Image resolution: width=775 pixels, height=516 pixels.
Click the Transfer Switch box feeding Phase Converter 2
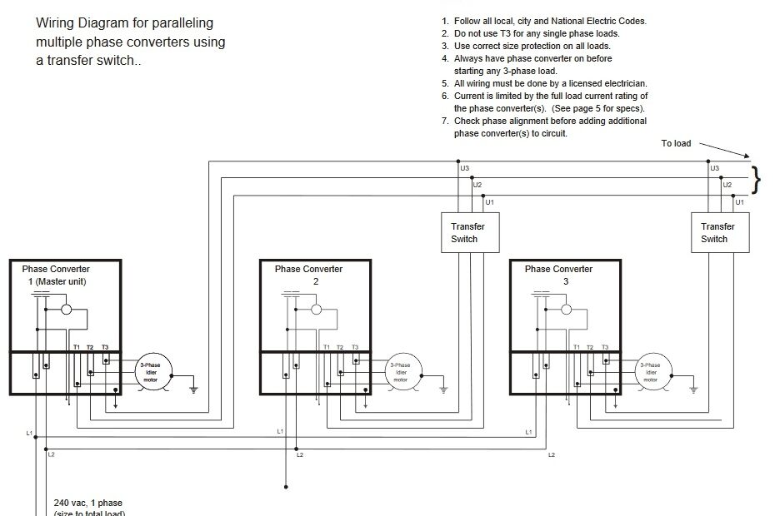click(467, 233)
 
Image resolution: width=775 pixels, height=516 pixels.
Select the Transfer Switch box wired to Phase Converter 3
click(719, 233)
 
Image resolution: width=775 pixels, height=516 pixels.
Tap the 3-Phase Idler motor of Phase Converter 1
click(152, 372)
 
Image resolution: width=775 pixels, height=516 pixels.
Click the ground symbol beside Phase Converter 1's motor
click(193, 388)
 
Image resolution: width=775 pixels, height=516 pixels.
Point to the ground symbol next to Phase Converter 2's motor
click(443, 388)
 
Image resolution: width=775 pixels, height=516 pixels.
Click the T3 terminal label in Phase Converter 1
click(104, 346)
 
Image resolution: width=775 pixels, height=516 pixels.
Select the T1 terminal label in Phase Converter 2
click(327, 346)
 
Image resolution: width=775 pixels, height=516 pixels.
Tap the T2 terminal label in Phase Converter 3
click(590, 346)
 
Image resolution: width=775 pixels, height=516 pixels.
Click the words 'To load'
click(676, 143)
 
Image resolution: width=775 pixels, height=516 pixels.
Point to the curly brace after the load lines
click(756, 179)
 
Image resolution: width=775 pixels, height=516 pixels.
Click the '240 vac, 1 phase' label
click(88, 503)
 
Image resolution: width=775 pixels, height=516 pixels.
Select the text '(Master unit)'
click(57, 281)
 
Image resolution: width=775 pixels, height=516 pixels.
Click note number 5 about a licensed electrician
click(544, 83)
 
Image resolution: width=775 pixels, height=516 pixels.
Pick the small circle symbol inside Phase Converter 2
click(316, 309)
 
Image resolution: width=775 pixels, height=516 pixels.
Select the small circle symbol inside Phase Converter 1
click(66, 309)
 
